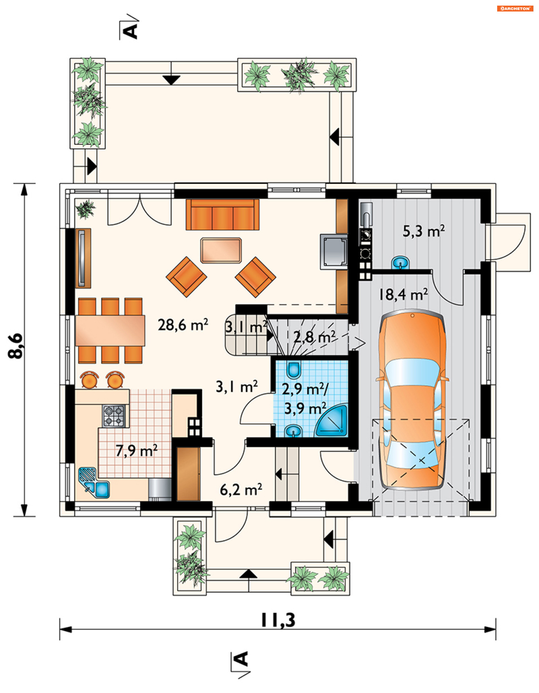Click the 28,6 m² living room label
click(x=183, y=325)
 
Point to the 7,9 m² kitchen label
click(x=136, y=450)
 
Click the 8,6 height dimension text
click(x=16, y=346)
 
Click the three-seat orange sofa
click(x=223, y=215)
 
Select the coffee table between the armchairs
click(x=221, y=250)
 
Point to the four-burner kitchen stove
click(x=114, y=416)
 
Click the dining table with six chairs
click(x=110, y=330)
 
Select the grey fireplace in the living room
click(x=334, y=252)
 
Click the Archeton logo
click(x=515, y=9)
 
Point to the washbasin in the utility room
click(x=401, y=263)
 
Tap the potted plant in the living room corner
click(x=85, y=209)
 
